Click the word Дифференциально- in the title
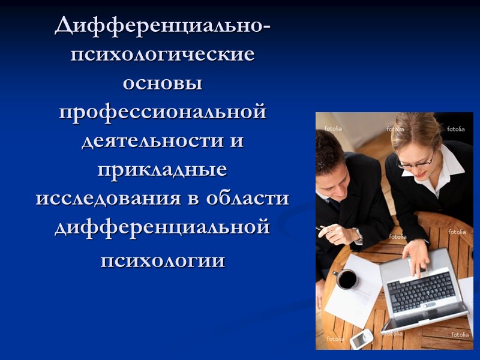click(x=163, y=26)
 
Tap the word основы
click(x=163, y=83)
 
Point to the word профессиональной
click(x=163, y=112)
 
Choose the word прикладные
click(x=163, y=170)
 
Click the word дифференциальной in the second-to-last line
click(x=163, y=227)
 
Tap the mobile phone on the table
click(x=362, y=340)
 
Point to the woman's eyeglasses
click(x=419, y=160)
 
